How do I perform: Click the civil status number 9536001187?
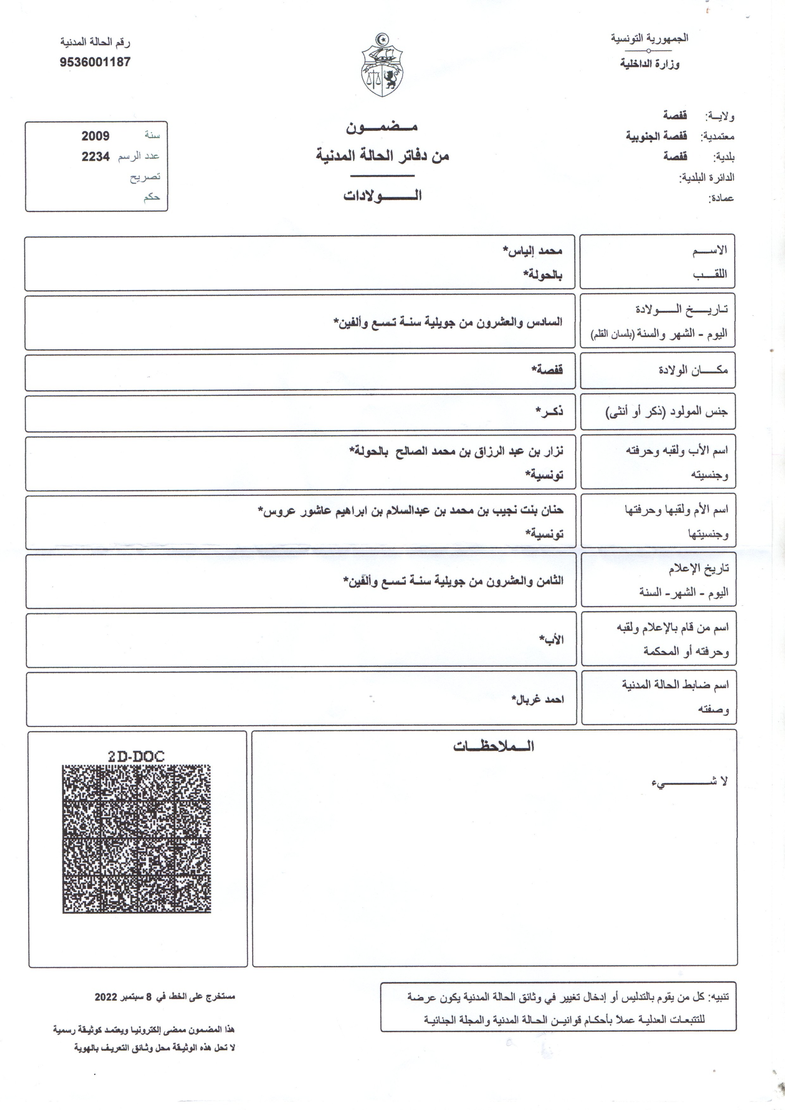[95, 62]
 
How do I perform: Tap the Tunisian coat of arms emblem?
[383, 66]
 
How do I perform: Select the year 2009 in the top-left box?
[95, 136]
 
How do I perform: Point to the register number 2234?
[95, 156]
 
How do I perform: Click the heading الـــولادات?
[382, 195]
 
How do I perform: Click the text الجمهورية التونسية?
[649, 38]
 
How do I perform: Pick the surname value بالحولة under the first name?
[543, 275]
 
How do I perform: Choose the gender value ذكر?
[550, 412]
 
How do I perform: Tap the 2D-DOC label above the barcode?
[136, 756]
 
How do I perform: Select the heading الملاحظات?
[493, 746]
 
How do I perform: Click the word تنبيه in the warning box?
[718, 997]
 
